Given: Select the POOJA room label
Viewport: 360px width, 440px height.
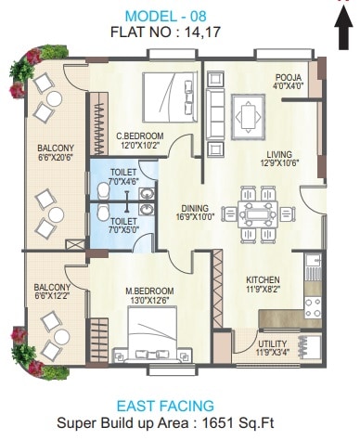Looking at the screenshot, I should pyautogui.click(x=286, y=78).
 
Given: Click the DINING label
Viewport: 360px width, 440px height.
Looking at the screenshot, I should pyautogui.click(x=195, y=208).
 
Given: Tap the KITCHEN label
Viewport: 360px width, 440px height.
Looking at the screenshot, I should pyautogui.click(x=264, y=279).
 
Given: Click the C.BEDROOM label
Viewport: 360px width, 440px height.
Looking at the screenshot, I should pyautogui.click(x=140, y=135).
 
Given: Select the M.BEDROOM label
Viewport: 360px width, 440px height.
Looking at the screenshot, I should pyautogui.click(x=147, y=290).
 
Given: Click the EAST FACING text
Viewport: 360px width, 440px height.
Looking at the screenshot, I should pyautogui.click(x=178, y=406).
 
